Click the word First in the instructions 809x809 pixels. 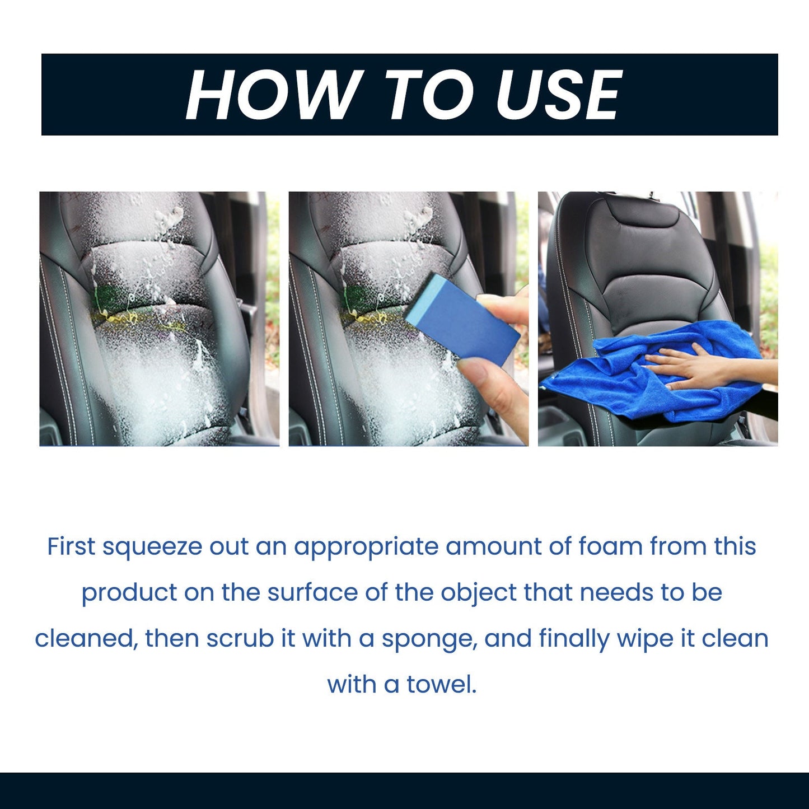(x=71, y=546)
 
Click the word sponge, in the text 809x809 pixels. (x=429, y=639)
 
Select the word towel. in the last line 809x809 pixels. (x=442, y=684)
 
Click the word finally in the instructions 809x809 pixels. (x=574, y=639)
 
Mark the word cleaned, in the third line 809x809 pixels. (x=86, y=639)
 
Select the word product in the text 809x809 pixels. (x=129, y=593)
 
